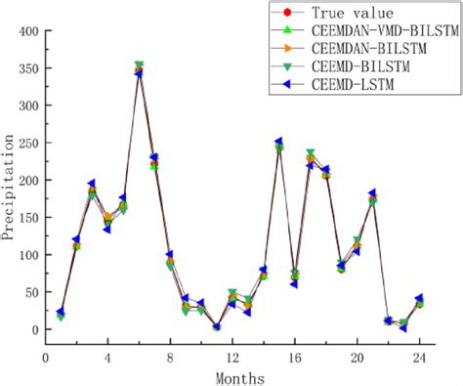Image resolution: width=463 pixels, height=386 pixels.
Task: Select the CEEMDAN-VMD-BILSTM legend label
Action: click(384, 31)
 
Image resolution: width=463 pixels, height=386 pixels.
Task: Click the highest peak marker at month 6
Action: click(139, 68)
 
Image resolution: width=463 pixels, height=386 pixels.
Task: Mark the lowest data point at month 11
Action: click(216, 326)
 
